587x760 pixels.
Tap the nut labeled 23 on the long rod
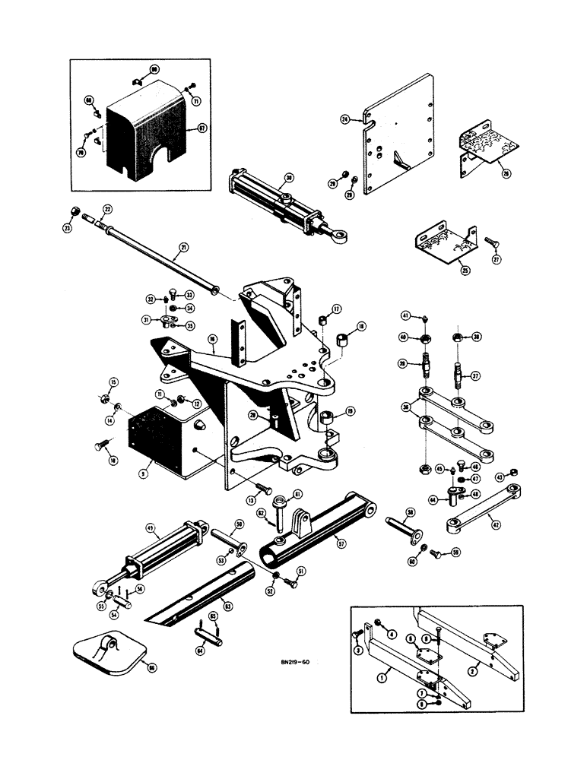(75, 211)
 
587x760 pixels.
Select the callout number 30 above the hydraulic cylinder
(290, 179)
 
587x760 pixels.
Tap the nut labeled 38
(458, 337)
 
